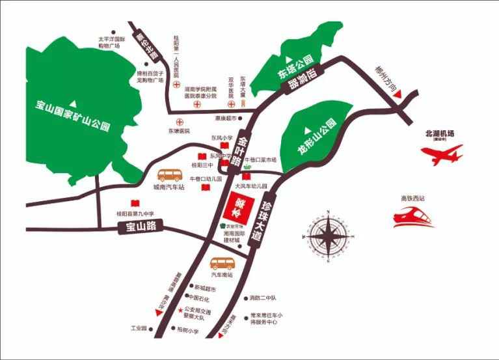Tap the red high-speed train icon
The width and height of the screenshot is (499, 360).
pyautogui.click(x=414, y=216)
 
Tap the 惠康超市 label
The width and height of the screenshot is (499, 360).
pyautogui.click(x=225, y=118)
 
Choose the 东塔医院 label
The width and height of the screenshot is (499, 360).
pyautogui.click(x=178, y=131)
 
